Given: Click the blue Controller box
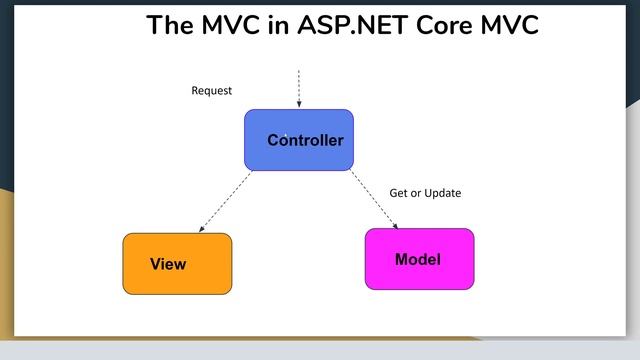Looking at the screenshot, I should pos(298,140).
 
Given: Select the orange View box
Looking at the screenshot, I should pos(177,264).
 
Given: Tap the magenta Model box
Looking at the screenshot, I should pos(419,259).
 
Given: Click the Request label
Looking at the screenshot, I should pos(211,91).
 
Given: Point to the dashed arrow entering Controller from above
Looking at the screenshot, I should pos(298,86).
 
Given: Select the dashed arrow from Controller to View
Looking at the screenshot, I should pos(227,201).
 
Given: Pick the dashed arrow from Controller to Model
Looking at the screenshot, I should pos(374,200).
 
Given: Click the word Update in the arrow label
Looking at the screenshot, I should pos(443,193).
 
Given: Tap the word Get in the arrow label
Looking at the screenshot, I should pos(399,193).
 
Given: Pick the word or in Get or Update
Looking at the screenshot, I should pos(417,193).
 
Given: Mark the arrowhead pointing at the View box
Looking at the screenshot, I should pos(203,230).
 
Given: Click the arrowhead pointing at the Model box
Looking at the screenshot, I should pos(394,226).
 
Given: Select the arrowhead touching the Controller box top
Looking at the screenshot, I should pos(298,105).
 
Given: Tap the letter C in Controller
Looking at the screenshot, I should pos(273,140).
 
